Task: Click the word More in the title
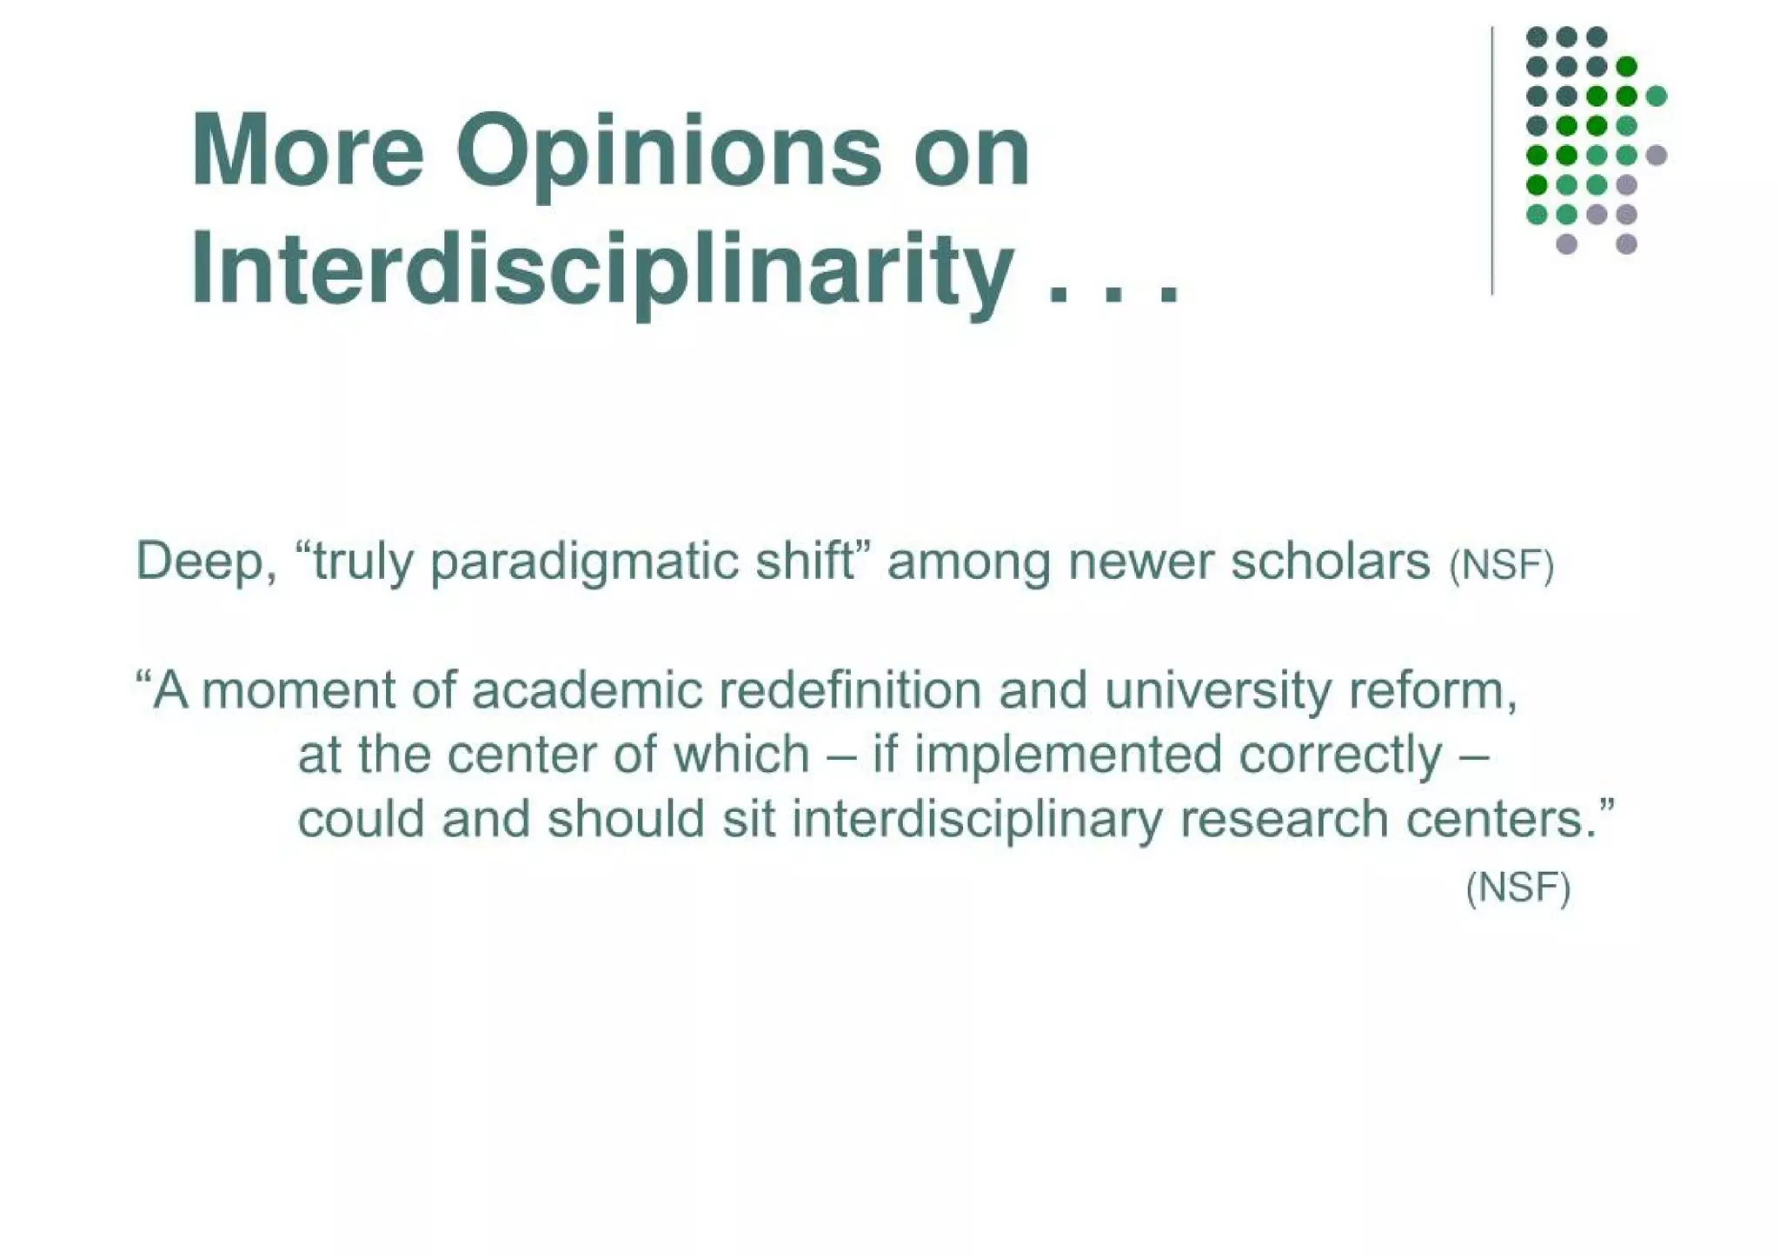(307, 151)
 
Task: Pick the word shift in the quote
(812, 561)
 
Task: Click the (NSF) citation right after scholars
(1501, 565)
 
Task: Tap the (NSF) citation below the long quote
(1518, 889)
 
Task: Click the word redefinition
(850, 690)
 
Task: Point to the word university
(1218, 692)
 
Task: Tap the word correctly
(1340, 755)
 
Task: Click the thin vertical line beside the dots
(1492, 161)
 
